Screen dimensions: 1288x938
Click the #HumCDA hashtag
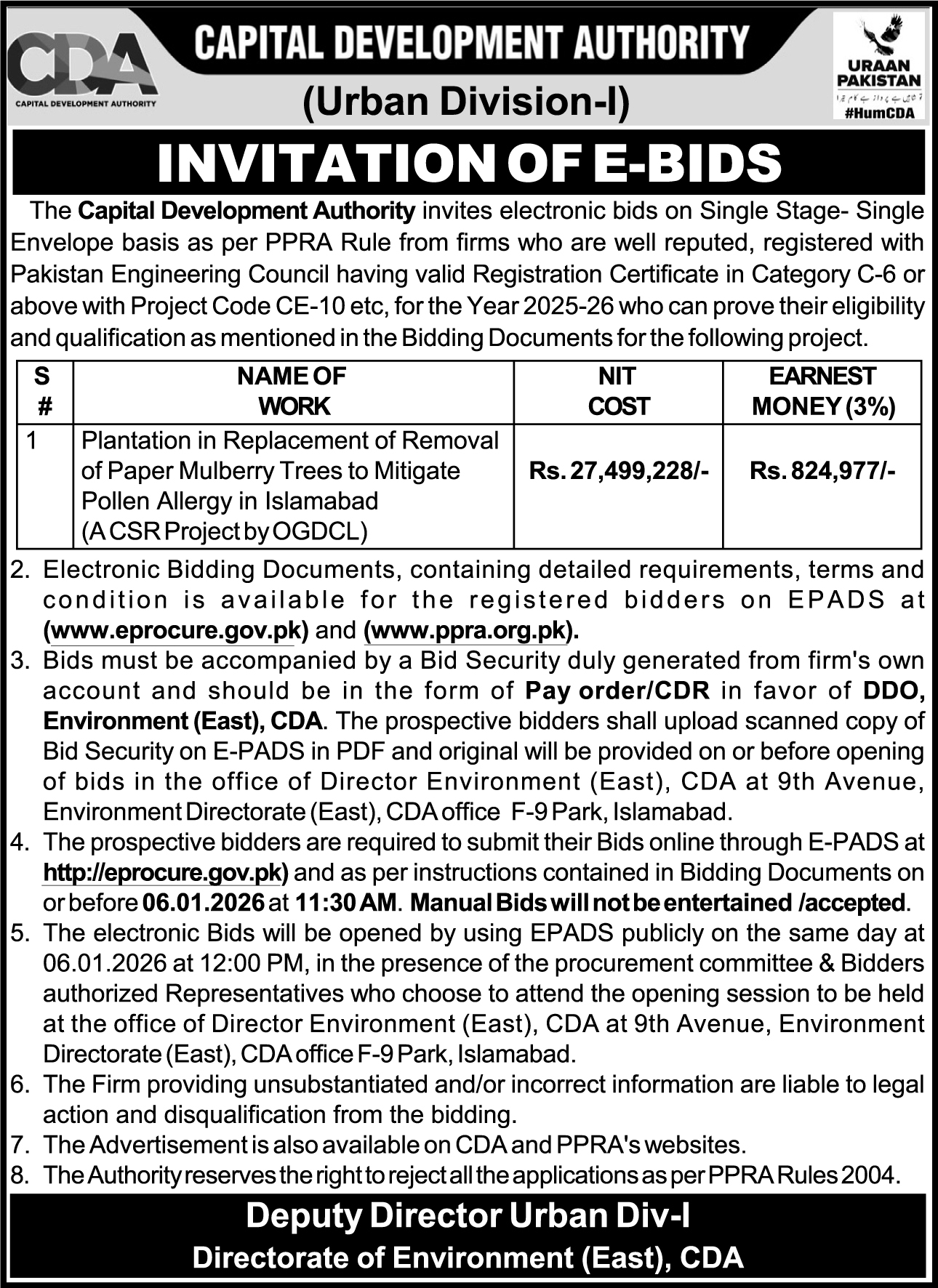(x=879, y=112)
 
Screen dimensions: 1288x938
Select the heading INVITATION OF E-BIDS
(x=469, y=163)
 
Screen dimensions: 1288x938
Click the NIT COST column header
(x=618, y=391)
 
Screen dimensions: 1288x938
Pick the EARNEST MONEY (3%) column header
(x=822, y=391)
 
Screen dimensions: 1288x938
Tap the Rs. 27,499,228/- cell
(x=618, y=472)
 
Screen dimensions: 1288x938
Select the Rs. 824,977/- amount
(x=822, y=472)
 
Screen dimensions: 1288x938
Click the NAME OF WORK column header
(x=293, y=391)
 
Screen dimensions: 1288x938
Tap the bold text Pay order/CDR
(x=617, y=691)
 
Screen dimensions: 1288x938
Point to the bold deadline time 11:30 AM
(x=346, y=903)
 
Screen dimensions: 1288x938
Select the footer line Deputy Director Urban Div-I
(x=468, y=1216)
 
